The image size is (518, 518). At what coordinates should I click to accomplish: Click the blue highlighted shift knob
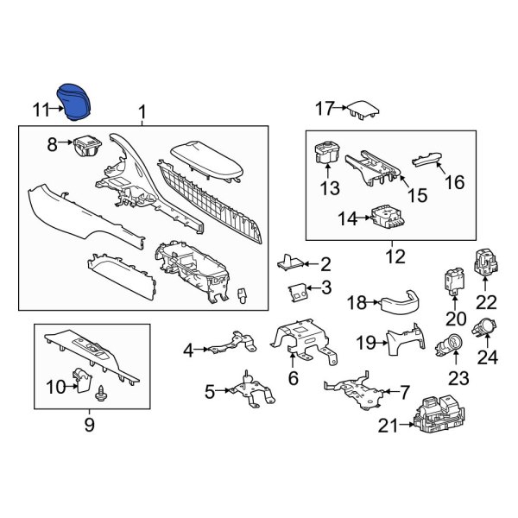point(75,102)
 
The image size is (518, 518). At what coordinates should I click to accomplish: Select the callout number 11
point(41,110)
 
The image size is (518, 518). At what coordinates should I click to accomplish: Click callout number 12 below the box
point(395,256)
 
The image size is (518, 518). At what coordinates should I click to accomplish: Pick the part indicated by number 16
point(426,161)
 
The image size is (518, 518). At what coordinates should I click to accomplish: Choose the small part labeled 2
point(290,262)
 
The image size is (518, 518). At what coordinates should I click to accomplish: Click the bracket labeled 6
point(304,342)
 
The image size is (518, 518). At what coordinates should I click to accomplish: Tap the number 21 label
point(388,426)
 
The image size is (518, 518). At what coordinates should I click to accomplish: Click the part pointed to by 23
point(449,344)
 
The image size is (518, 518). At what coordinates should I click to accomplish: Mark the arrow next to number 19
point(382,343)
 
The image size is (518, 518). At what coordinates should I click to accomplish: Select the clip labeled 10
point(82,380)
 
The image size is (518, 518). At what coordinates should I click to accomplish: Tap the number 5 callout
point(210,392)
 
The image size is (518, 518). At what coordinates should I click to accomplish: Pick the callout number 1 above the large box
point(142,112)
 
